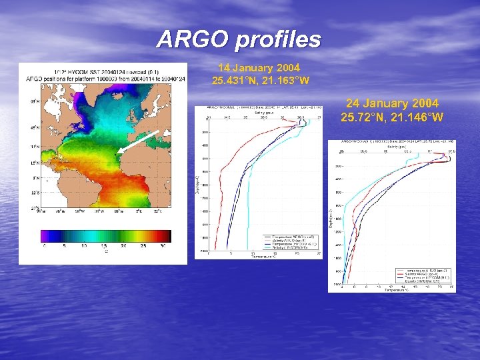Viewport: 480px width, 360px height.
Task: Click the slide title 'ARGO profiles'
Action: click(239, 39)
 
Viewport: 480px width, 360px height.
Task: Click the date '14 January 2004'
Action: click(259, 68)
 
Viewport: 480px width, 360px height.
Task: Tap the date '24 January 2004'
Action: click(392, 103)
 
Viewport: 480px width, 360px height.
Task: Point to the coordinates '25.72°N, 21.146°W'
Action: click(392, 117)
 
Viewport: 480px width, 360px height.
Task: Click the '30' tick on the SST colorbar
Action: click(163, 245)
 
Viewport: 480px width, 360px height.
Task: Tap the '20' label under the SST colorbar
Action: click(124, 245)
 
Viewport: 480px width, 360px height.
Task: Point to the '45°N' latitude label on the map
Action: click(33, 126)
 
